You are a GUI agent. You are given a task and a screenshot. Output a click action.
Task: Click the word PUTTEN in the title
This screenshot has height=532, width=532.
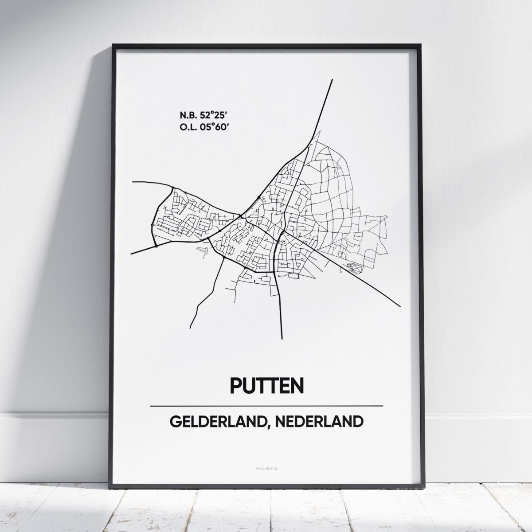pyautogui.click(x=267, y=385)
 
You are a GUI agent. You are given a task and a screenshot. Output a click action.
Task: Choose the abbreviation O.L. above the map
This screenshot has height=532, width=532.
pyautogui.click(x=188, y=128)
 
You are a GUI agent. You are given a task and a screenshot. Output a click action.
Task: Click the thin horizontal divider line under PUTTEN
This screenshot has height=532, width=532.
pyautogui.click(x=266, y=406)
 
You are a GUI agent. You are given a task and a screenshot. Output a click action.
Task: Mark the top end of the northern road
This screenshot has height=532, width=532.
pyautogui.click(x=332, y=80)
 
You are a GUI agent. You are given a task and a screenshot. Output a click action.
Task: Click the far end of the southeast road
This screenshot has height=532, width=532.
pyautogui.click(x=400, y=306)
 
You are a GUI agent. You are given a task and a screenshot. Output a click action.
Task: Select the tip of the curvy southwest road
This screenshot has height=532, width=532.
pyautogui.click(x=191, y=328)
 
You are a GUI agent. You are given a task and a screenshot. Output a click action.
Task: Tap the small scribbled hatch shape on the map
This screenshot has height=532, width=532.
pyautogui.click(x=354, y=267)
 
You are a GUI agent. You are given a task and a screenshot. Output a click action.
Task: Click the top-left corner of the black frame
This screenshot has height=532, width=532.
pyautogui.click(x=113, y=45)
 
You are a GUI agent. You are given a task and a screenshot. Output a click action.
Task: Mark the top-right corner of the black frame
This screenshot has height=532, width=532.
pyautogui.click(x=419, y=45)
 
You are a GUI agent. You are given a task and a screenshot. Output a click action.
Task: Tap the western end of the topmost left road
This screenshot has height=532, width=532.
pyautogui.click(x=133, y=182)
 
